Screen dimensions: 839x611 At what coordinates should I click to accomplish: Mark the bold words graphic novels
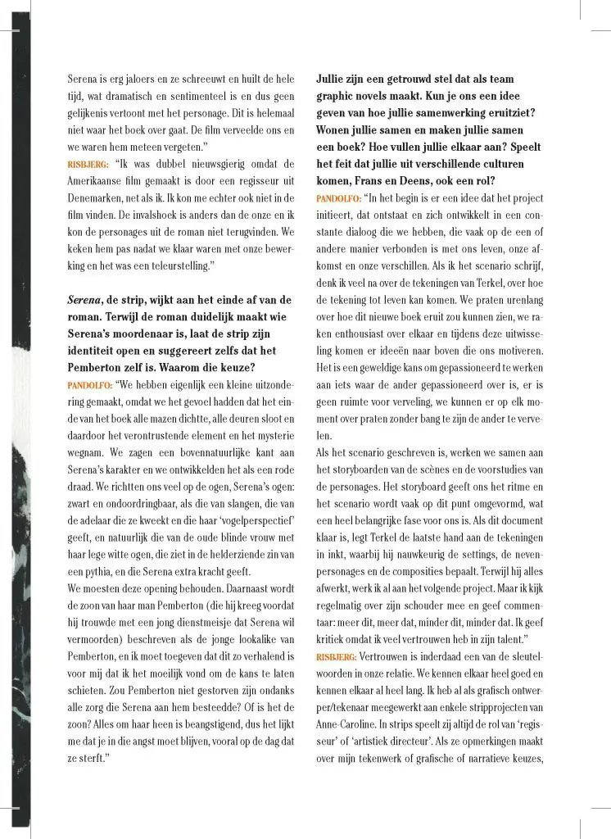coord(355,97)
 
